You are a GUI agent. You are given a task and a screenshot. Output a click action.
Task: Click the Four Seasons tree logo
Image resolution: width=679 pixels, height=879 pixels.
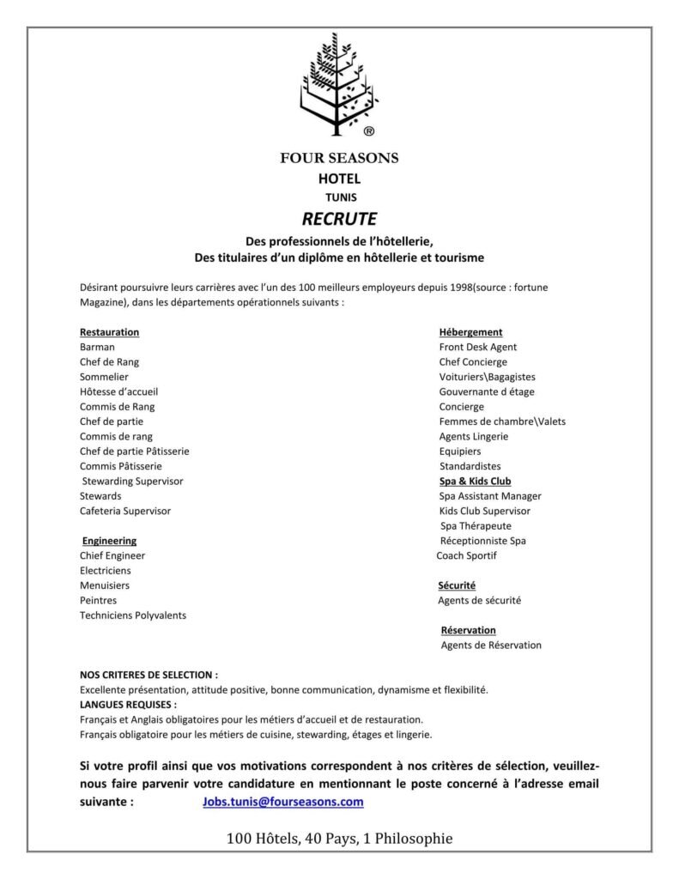tap(338, 84)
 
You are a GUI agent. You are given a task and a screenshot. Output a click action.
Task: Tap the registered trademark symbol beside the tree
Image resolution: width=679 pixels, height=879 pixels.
tap(368, 131)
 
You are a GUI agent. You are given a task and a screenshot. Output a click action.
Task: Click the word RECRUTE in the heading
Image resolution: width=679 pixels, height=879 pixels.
tap(339, 219)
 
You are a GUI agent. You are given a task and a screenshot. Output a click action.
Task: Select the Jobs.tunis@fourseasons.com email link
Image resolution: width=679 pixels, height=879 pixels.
tap(282, 802)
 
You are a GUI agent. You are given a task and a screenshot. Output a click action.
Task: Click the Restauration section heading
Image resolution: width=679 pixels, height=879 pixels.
tap(109, 332)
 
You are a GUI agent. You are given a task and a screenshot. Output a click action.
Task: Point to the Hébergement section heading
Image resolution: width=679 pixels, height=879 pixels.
tap(470, 332)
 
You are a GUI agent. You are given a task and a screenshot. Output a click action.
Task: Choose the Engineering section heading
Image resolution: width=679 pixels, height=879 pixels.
tap(110, 541)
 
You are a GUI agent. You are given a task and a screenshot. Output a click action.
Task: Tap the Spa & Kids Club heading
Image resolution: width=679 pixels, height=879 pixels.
tap(475, 482)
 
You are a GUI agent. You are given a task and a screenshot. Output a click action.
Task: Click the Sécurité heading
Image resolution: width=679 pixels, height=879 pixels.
tap(457, 585)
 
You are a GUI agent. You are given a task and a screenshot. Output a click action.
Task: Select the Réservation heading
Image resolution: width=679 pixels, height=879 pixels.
tap(468, 630)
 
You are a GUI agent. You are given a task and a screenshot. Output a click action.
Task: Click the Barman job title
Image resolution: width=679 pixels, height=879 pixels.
tap(97, 347)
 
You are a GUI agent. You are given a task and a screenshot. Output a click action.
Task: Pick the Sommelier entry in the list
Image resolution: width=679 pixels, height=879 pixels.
tap(104, 377)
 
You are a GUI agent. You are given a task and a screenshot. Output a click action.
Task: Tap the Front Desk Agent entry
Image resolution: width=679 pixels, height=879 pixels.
tap(478, 347)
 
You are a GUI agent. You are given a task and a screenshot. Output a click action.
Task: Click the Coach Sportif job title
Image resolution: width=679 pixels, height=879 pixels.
tap(466, 555)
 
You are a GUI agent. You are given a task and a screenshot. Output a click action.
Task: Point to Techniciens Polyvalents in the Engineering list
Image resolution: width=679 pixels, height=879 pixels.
tap(133, 615)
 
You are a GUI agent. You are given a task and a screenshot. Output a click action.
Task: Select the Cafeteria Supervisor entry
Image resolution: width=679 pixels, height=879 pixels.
tap(125, 511)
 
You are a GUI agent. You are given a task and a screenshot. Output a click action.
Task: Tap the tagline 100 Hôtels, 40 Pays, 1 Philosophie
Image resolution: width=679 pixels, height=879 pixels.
tap(339, 838)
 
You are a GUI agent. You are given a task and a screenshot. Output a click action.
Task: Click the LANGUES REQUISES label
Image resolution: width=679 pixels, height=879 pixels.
tap(128, 704)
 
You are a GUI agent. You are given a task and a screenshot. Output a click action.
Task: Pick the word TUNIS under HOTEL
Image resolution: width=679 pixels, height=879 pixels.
tap(339, 197)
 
